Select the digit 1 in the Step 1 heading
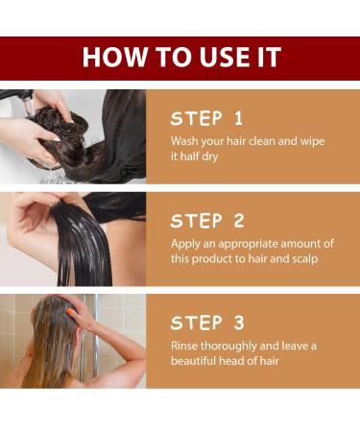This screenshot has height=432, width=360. point(238,118)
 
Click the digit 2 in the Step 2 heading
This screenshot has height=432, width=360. point(239,221)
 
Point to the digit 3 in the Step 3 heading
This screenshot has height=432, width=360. point(239,323)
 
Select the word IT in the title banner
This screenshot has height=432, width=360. point(271,58)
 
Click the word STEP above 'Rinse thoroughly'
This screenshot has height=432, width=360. point(196,323)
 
